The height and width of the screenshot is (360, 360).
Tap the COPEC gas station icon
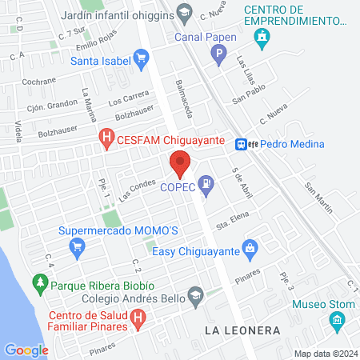(x=206, y=182)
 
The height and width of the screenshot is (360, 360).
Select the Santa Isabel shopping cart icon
(x=142, y=58)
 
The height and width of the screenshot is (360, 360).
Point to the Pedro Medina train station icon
(x=240, y=144)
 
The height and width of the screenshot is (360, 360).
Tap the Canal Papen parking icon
(x=218, y=54)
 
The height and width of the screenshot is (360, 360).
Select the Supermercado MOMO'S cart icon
(x=77, y=246)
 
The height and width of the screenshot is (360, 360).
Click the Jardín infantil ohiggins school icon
(x=185, y=11)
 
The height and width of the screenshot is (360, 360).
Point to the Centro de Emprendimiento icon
(x=261, y=37)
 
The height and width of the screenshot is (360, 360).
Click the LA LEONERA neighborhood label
(x=242, y=330)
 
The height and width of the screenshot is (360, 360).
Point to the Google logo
(x=26, y=350)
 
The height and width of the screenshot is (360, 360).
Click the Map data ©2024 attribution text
(x=323, y=354)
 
